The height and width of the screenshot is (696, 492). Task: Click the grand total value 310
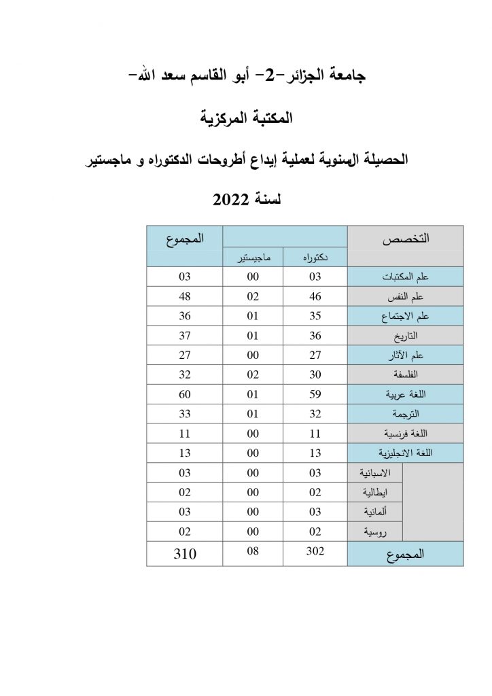click(184, 554)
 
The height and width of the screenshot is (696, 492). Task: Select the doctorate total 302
click(315, 553)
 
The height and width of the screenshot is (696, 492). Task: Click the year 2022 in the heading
click(232, 199)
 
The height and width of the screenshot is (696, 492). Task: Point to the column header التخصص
click(406, 239)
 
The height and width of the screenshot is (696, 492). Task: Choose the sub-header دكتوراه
click(315, 258)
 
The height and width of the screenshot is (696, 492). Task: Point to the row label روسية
click(378, 531)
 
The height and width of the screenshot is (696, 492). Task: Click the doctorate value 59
click(315, 394)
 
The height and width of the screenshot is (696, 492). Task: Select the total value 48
click(184, 296)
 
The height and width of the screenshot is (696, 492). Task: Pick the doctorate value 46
click(315, 296)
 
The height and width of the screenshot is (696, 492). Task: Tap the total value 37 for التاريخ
click(184, 335)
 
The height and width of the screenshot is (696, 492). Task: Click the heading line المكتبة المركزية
click(246, 118)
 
